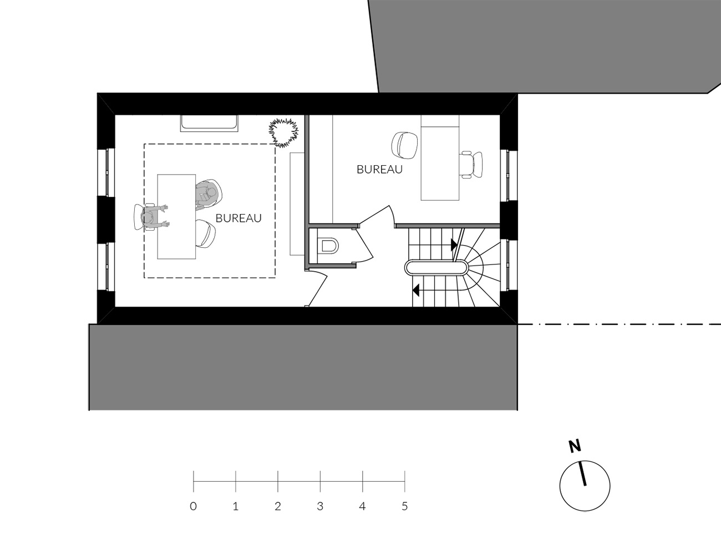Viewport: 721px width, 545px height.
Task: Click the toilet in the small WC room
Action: (x=329, y=246)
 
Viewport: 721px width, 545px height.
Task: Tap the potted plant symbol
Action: (x=284, y=133)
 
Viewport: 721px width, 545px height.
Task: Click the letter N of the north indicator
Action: (x=575, y=446)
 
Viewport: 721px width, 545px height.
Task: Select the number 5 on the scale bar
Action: (x=405, y=507)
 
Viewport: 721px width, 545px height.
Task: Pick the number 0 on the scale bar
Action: (x=194, y=507)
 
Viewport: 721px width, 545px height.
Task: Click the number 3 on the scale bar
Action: (x=320, y=507)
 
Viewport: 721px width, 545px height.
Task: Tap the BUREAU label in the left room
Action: (x=238, y=218)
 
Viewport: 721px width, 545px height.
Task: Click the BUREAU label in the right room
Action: (x=380, y=170)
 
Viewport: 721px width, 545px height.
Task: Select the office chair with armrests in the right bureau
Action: (x=471, y=165)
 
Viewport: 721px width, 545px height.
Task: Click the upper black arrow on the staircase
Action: (x=454, y=245)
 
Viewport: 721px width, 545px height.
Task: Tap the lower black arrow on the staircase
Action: (x=416, y=290)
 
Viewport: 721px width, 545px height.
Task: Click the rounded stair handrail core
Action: (x=436, y=268)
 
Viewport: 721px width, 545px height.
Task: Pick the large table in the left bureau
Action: (x=176, y=217)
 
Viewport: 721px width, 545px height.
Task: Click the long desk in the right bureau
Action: (x=440, y=157)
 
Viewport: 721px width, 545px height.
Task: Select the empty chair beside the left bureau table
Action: (x=206, y=233)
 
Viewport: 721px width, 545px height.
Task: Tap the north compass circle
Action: (x=585, y=486)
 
